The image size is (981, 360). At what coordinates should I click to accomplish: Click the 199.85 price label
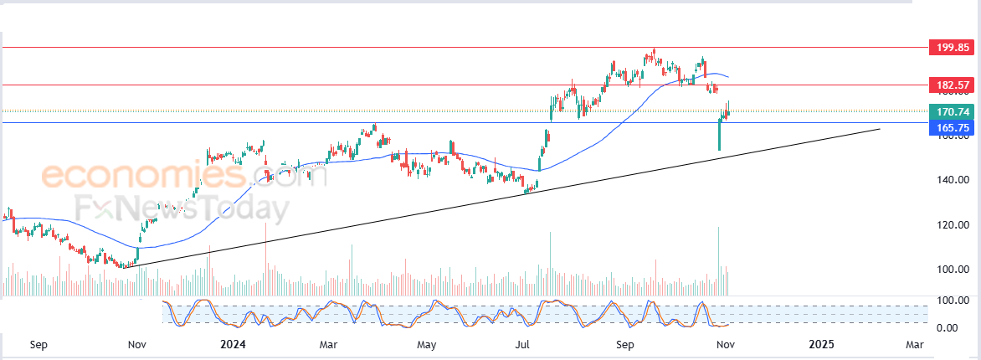(x=953, y=48)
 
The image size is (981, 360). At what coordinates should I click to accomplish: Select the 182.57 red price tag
(x=953, y=85)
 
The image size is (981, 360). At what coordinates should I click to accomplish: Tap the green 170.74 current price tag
(x=953, y=111)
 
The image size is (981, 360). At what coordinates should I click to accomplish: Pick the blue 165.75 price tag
(x=953, y=127)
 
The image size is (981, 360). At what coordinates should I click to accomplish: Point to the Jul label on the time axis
(x=524, y=344)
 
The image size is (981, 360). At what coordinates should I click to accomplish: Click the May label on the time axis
(x=427, y=344)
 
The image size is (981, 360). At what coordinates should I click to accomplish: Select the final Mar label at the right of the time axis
(x=915, y=344)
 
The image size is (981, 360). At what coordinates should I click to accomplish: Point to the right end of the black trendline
(x=880, y=129)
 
